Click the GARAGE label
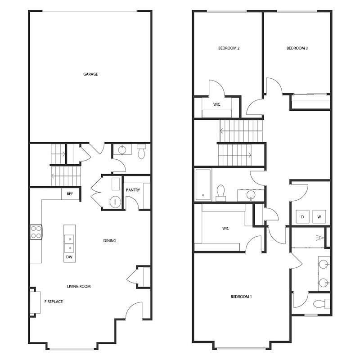[x=90, y=74]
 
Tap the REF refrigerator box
[x=69, y=194]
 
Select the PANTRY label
[x=133, y=190]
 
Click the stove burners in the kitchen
[x=36, y=232]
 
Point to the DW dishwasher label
[x=69, y=257]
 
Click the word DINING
[x=110, y=241]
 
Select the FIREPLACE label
[x=53, y=301]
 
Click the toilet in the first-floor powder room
[x=141, y=152]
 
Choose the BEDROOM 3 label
[x=297, y=48]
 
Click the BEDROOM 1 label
[x=241, y=297]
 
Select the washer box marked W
[x=319, y=217]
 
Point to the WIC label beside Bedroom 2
[x=216, y=104]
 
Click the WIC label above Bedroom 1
[x=226, y=228]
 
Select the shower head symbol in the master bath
[x=320, y=237]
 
